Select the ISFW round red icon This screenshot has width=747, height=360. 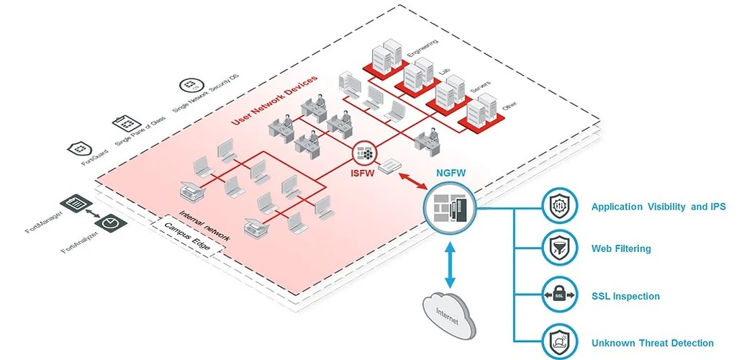pos(365,153)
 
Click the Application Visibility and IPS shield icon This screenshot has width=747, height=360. pos(559,207)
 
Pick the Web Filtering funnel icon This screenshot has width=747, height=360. pos(559,248)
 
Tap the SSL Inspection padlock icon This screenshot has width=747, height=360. pos(559,296)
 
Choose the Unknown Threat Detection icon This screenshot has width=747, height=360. pos(559,342)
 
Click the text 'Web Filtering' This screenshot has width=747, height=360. pos(621,249)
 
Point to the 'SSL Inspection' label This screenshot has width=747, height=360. pos(625,296)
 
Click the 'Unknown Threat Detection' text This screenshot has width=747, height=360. pos(652,343)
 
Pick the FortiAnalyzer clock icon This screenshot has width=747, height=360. pos(110,223)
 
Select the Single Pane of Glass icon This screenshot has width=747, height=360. pos(124,124)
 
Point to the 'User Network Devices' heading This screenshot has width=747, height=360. pos(274,99)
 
